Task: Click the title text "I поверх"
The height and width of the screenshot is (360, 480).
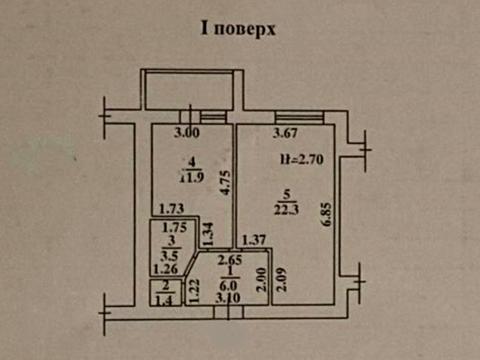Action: (239, 29)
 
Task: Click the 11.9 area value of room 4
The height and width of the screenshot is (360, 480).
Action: (188, 180)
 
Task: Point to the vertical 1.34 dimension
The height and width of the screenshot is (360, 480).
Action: (209, 236)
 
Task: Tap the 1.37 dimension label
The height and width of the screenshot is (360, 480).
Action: (254, 238)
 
